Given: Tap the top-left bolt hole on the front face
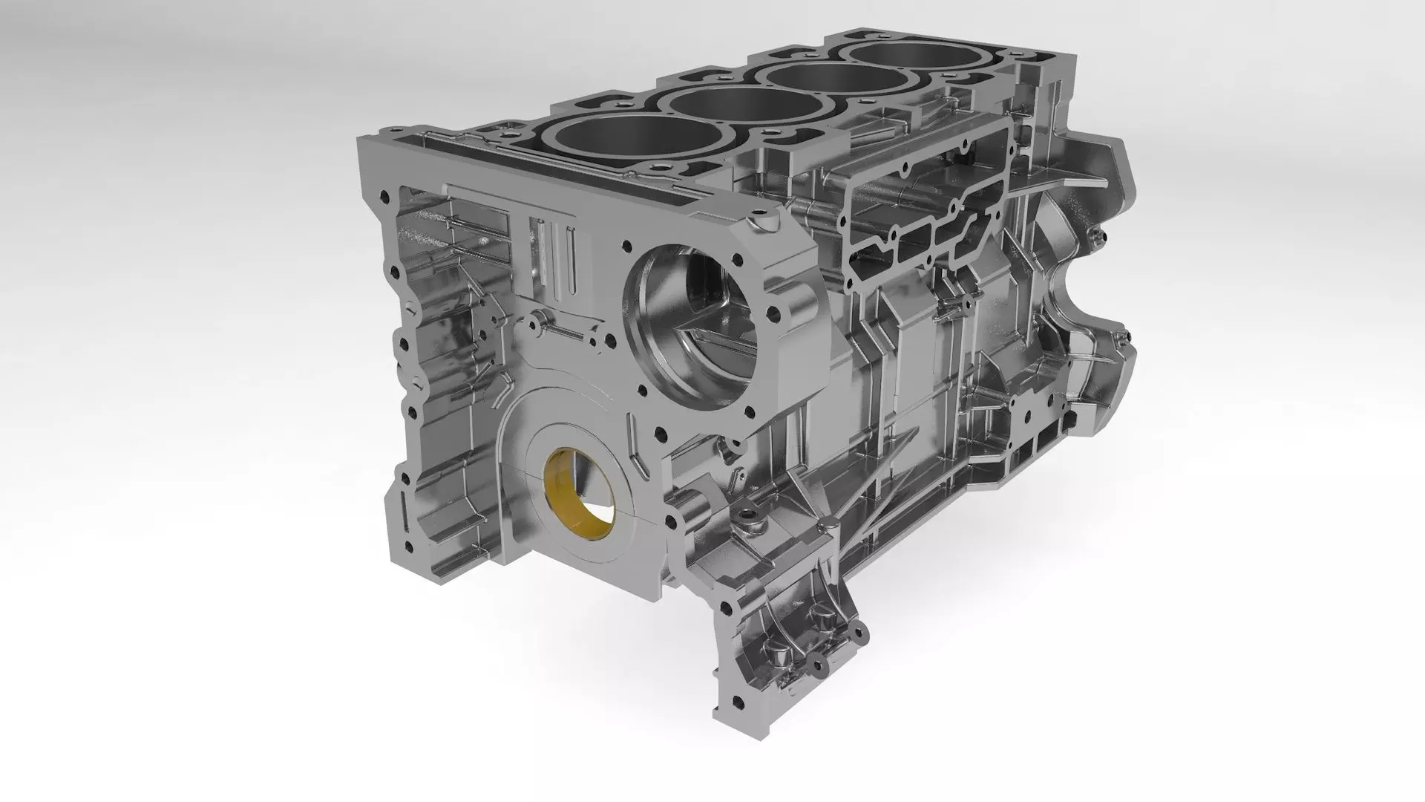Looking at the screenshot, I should [384, 196].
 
